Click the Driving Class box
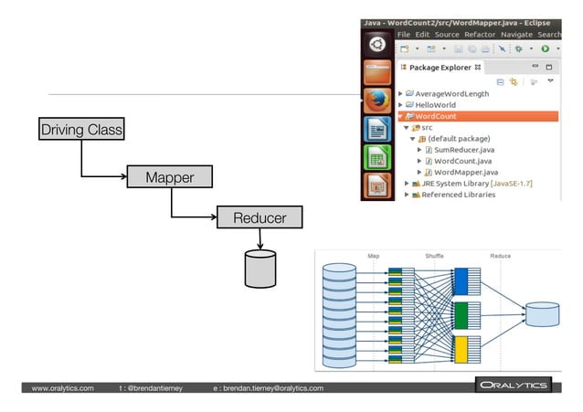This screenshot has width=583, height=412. point(81,130)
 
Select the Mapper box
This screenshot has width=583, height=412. point(169,176)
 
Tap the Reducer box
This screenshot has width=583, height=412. point(259,217)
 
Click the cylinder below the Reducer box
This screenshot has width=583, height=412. point(260,268)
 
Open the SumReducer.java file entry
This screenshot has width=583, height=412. point(465,150)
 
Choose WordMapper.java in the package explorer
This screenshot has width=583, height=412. point(465,172)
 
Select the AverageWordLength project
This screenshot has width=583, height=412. point(451,93)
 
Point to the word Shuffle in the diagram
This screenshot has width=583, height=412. point(434,256)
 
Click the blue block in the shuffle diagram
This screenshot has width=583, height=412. point(461,280)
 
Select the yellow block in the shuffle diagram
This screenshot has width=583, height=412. point(461,349)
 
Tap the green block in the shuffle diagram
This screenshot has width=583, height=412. point(461,314)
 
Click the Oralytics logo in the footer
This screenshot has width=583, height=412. point(513,386)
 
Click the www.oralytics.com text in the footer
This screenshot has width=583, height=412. point(62,388)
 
